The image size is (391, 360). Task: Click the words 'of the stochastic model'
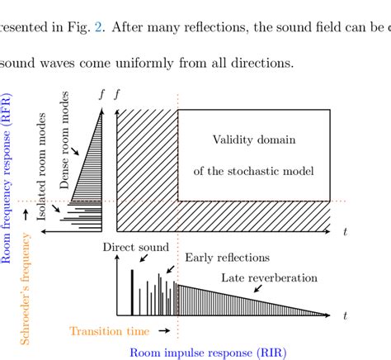coord(254,171)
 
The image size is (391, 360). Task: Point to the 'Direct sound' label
coord(136,247)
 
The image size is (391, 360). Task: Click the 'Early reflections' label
coord(221,258)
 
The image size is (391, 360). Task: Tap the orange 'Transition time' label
coord(110,331)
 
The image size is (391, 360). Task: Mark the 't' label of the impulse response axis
coord(346,315)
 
